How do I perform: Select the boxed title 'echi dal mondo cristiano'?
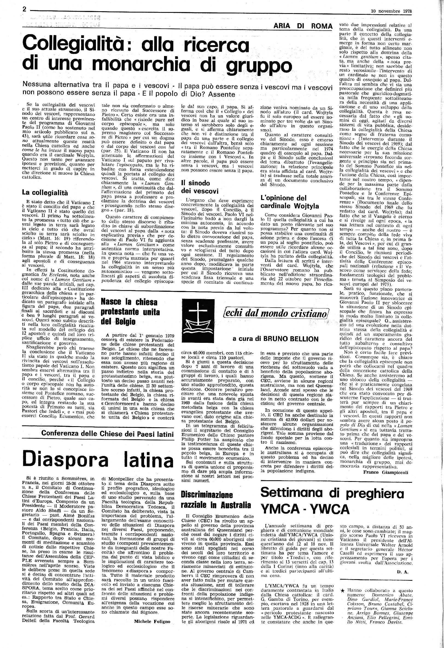(275, 313)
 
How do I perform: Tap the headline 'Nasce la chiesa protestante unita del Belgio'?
(131, 312)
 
